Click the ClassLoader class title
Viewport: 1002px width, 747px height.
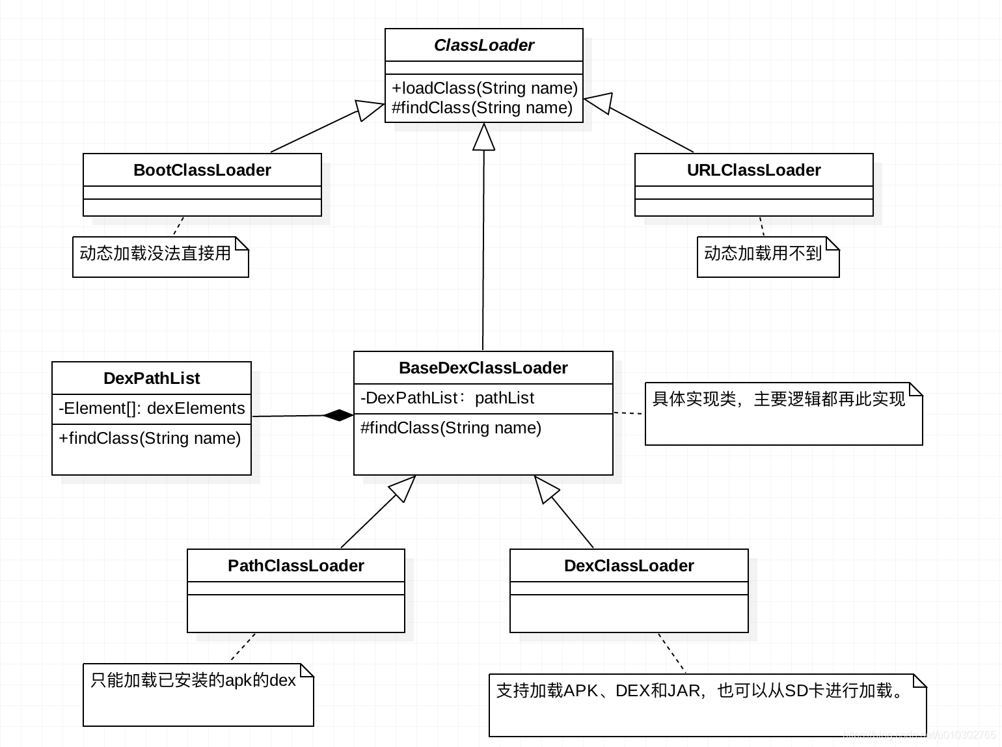click(x=483, y=45)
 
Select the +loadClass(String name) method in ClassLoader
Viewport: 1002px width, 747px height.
click(x=484, y=88)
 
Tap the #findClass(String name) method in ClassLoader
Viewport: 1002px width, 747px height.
click(x=482, y=107)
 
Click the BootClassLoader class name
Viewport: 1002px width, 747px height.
click(x=202, y=170)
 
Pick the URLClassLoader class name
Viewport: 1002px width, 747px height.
click(x=753, y=170)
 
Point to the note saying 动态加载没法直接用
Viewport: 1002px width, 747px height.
click(x=156, y=253)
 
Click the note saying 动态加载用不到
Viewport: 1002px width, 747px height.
click(x=763, y=253)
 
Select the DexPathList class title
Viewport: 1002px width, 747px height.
click(x=152, y=378)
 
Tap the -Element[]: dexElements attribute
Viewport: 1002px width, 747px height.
click(x=152, y=408)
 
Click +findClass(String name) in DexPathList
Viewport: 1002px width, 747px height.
click(x=150, y=438)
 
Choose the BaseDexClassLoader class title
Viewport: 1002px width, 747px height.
click(x=483, y=368)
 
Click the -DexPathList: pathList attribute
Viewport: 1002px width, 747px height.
click(x=447, y=398)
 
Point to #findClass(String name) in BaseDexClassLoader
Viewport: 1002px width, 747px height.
click(x=451, y=428)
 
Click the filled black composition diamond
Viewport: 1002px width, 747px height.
click(x=338, y=415)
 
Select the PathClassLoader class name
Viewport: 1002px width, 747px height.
click(x=295, y=565)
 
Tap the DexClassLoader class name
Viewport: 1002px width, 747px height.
click(x=629, y=565)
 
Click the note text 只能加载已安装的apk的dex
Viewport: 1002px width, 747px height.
click(x=193, y=680)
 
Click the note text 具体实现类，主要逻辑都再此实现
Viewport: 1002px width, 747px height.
click(x=778, y=399)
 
